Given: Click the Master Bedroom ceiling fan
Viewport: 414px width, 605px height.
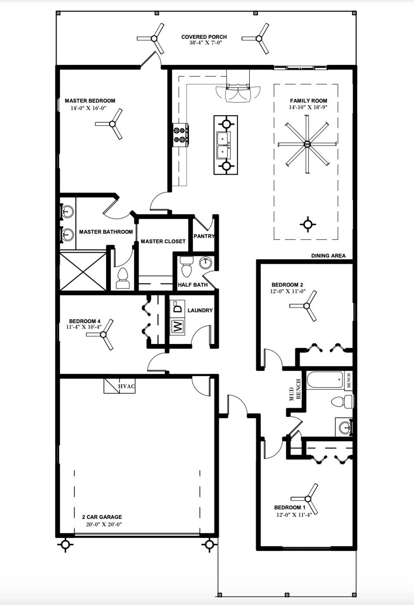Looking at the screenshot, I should tap(112, 124).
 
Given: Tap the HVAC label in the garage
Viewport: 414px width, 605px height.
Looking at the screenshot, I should tap(126, 386).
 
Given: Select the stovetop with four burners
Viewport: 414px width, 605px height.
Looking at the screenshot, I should tap(180, 135).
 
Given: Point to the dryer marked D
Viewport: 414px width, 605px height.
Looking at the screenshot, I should tap(177, 307).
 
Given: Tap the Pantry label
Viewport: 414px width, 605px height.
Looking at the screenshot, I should tap(204, 236).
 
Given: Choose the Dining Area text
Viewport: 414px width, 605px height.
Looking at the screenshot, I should tap(328, 256).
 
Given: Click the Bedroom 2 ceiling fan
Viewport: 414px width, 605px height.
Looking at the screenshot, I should tap(306, 306).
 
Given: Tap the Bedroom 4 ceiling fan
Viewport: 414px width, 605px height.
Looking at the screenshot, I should tap(103, 335).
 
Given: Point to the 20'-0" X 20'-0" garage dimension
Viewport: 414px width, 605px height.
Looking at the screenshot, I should tap(104, 525).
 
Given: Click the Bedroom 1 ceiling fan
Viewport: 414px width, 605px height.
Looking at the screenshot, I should tap(308, 499).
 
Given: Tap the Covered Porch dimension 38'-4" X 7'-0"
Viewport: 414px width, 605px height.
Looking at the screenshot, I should tap(206, 43).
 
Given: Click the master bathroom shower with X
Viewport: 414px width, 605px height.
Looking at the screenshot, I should tap(83, 271).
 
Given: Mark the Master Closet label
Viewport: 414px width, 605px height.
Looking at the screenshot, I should tap(163, 241).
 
